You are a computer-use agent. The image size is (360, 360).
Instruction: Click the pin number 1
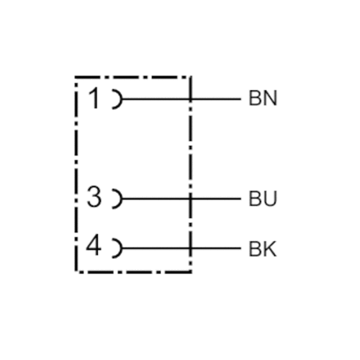pos(94,98)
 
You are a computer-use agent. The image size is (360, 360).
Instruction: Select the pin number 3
pos(94,198)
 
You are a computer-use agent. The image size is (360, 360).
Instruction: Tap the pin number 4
pos(94,246)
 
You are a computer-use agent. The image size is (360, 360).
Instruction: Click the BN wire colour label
pos(263,98)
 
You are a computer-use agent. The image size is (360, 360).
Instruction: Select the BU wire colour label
pos(263,199)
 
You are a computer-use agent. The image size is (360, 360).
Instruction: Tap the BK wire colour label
pos(263,249)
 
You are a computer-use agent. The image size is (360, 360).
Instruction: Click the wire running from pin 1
pos(182,99)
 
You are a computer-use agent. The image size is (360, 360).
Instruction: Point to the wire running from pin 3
pos(182,199)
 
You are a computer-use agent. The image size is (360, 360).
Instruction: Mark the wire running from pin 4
pos(182,248)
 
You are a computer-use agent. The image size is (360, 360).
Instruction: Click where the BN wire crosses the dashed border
pos(191,99)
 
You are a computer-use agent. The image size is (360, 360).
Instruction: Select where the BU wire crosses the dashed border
pos(191,199)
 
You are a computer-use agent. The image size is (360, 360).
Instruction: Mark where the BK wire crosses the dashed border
pos(191,248)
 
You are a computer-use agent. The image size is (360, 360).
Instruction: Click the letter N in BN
pos(271,98)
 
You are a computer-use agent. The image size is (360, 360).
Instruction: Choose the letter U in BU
pos(271,199)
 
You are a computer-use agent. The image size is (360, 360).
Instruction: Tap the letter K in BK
pos(270,249)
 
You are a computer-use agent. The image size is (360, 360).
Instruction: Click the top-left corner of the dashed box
pos(76,77)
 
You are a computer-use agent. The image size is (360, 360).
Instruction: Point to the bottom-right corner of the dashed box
pos(191,272)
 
